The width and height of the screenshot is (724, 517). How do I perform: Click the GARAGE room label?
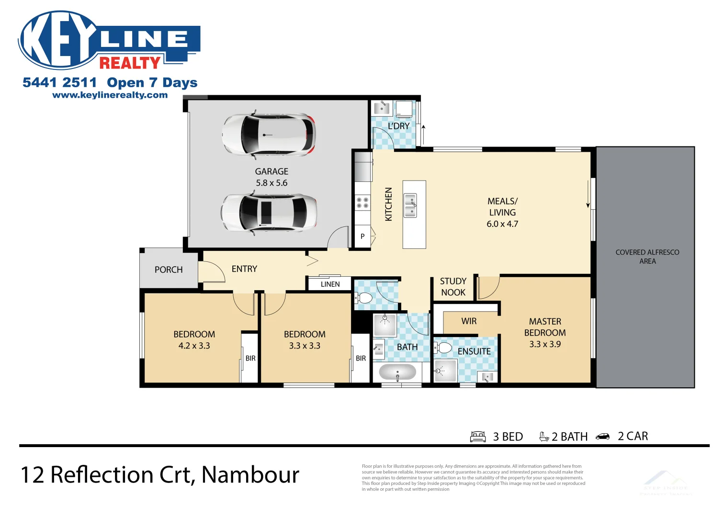[271, 171]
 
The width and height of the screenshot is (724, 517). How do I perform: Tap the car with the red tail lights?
[269, 135]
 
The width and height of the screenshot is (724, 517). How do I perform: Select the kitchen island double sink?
[410, 205]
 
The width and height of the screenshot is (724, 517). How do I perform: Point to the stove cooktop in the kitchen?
[362, 202]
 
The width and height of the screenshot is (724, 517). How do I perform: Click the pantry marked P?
[362, 236]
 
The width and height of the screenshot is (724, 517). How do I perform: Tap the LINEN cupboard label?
[330, 284]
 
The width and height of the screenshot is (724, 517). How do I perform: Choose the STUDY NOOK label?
[453, 287]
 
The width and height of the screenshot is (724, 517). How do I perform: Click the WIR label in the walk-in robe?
[469, 321]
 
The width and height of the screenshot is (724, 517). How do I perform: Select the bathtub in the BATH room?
[397, 372]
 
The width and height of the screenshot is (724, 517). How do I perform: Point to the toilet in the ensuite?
[443, 348]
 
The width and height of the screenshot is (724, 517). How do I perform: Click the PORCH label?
[169, 270]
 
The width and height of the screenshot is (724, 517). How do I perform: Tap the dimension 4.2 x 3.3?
[194, 346]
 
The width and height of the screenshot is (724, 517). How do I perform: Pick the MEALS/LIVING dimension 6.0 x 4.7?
[502, 224]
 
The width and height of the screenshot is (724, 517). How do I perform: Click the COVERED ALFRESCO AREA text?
[647, 257]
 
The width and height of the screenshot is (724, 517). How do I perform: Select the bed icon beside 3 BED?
[478, 437]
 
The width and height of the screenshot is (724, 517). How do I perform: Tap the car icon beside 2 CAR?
[602, 437]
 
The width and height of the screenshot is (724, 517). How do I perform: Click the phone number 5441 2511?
[60, 83]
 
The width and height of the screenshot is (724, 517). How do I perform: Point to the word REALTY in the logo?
[130, 63]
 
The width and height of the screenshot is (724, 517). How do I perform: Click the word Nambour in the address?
[250, 475]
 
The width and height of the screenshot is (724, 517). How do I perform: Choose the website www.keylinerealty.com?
[110, 95]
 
